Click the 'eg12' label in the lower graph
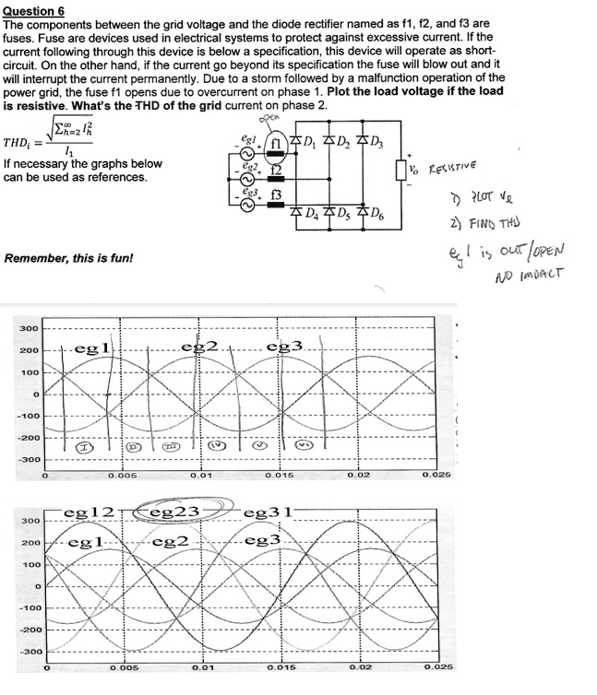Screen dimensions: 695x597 [x=89, y=511]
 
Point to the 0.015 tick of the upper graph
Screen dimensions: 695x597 [x=280, y=476]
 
